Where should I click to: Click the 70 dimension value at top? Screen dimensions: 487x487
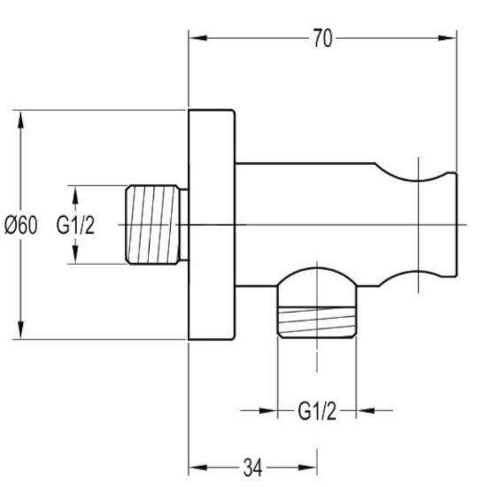[322, 38]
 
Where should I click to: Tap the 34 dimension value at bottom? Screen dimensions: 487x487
[253, 468]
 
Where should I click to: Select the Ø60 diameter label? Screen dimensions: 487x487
[21, 225]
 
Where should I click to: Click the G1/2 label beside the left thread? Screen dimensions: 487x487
[75, 225]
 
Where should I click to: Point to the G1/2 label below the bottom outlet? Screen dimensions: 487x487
[317, 411]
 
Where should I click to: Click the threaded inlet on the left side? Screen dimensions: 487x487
[152, 225]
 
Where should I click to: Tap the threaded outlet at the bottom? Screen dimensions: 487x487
[317, 322]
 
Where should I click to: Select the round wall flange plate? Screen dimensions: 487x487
[212, 225]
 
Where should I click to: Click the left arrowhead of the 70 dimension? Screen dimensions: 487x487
[198, 38]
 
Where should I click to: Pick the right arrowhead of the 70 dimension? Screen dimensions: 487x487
[447, 38]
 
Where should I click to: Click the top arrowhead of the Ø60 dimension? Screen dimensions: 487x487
[20, 120]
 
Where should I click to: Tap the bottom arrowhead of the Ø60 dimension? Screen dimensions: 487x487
[20, 329]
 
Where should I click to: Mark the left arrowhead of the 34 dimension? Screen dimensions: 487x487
[198, 468]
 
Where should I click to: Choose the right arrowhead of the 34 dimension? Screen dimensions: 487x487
[307, 468]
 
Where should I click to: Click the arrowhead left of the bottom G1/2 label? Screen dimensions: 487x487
[267, 411]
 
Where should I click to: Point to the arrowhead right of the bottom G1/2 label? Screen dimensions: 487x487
[366, 411]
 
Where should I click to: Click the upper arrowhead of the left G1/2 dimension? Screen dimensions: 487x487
[75, 195]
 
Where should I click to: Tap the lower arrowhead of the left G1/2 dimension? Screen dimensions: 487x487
[75, 254]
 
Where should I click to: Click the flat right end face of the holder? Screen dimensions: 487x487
[457, 225]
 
